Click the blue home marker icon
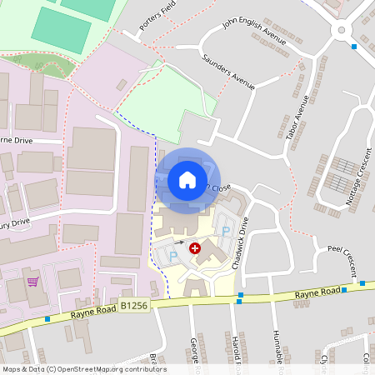point(187,179)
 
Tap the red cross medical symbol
point(195,247)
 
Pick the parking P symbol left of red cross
point(173,257)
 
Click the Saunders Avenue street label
point(227,71)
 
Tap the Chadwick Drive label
point(243,237)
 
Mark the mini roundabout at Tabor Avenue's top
point(341,31)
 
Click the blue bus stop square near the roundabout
point(354,47)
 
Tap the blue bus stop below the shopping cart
point(47,318)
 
